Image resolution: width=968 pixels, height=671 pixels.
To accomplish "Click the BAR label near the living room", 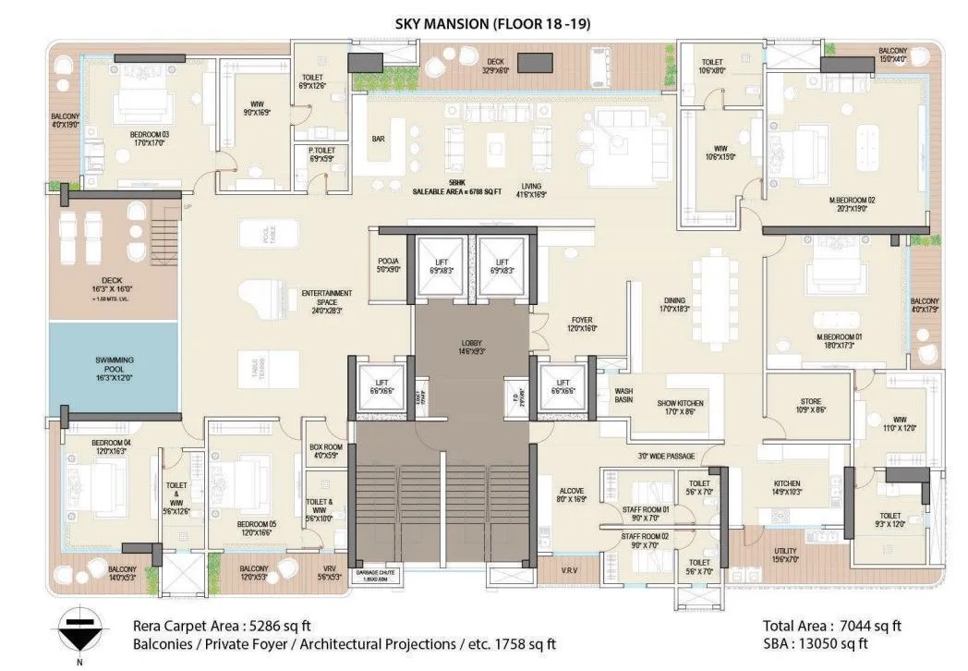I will coord(378,140).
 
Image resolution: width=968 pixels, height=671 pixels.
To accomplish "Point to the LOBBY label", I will coord(472,348).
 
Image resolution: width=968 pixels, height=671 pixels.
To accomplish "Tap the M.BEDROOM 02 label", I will coord(851,203).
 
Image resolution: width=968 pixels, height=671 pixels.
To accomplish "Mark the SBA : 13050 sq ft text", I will coord(816,643).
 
